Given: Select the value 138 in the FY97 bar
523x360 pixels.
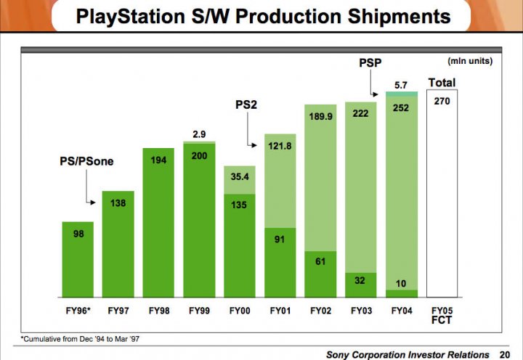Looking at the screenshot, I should point(118,203).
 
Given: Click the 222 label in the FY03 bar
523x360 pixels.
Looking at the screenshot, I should point(361,114).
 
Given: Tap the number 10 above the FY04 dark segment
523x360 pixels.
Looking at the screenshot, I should point(402,282).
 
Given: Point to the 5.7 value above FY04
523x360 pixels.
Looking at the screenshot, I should point(402,86).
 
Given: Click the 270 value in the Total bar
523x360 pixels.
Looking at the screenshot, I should point(442,102).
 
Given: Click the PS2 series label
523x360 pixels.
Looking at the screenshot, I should point(246,105).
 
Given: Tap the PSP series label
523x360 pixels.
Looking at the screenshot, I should point(370,64).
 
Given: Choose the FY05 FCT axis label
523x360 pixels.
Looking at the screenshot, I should point(442,315).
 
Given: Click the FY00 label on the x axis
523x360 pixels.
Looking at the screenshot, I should point(240,311).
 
